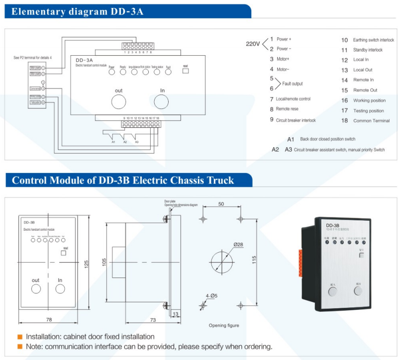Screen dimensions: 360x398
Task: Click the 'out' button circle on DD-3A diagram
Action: coord(118,102)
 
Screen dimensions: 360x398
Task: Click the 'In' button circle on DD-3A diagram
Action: coord(162,102)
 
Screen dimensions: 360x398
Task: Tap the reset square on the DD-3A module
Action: coord(185,71)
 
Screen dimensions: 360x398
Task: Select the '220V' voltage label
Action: coord(253,44)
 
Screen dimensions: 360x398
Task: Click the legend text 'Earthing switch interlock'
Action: coord(373,40)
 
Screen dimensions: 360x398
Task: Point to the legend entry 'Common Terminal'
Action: coord(371,121)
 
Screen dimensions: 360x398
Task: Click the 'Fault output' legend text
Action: coord(292,84)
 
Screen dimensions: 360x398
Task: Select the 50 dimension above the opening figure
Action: coord(221,204)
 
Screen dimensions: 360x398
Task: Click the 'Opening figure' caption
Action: coord(223,326)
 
